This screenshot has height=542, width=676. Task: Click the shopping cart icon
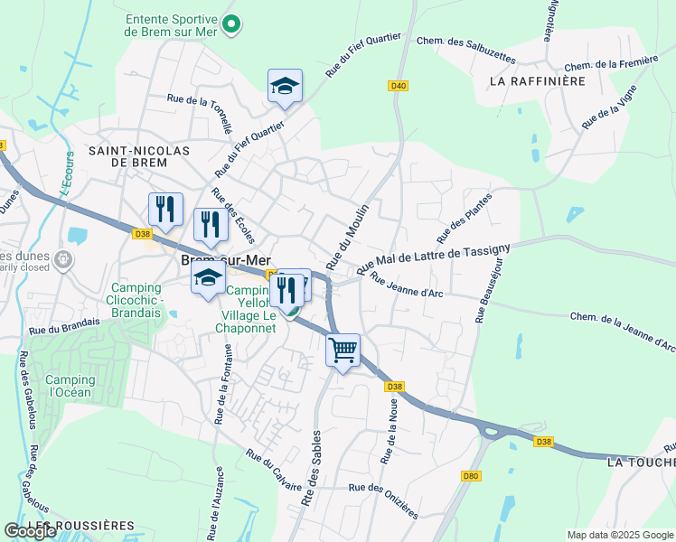[x=343, y=350]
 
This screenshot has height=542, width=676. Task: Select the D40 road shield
[x=399, y=86]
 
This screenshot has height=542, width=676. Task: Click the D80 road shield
[x=470, y=476]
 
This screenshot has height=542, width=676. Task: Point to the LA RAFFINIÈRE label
[x=537, y=80]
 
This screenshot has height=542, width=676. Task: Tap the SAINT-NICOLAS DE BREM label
[x=138, y=155]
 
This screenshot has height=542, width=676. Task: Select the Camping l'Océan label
[x=70, y=387]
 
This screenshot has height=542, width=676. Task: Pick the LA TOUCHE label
[x=641, y=462]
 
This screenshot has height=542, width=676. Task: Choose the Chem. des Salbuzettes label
[x=465, y=50]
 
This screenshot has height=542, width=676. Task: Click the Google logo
[x=31, y=531]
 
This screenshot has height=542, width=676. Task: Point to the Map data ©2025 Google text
[x=620, y=535]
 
